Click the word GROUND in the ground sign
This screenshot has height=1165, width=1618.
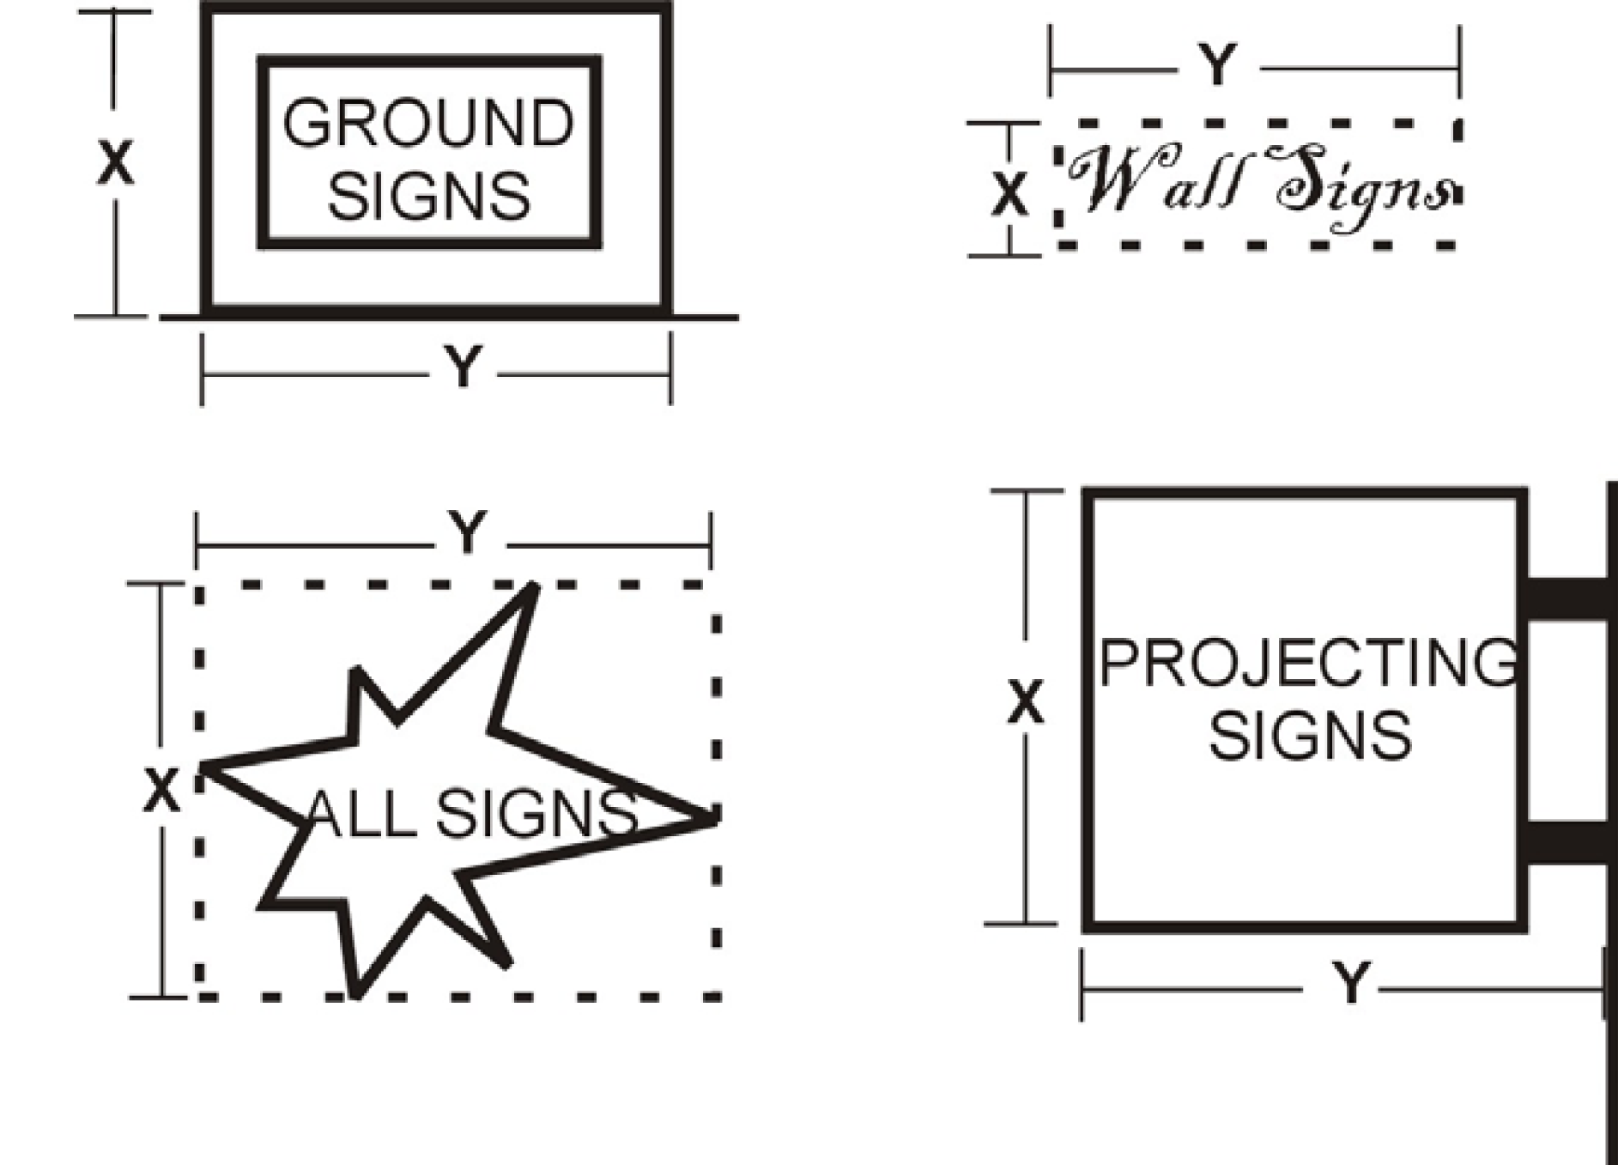(428, 123)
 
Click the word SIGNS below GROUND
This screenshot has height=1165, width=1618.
(428, 196)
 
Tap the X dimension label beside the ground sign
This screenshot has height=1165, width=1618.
(115, 162)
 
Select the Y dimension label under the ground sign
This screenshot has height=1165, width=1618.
(464, 367)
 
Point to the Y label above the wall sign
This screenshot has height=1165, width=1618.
(1218, 64)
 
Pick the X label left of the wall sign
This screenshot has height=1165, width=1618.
(1009, 193)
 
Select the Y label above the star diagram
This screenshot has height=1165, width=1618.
(468, 533)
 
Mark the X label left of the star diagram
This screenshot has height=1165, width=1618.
(161, 791)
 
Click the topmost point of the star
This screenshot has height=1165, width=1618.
(533, 586)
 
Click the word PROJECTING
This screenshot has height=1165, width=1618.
(1308, 663)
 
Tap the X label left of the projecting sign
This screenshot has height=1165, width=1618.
(1025, 702)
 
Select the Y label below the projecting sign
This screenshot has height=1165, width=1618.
(1351, 982)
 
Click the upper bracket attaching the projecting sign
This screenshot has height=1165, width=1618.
(1566, 598)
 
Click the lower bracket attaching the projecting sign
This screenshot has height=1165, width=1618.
(1566, 842)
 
